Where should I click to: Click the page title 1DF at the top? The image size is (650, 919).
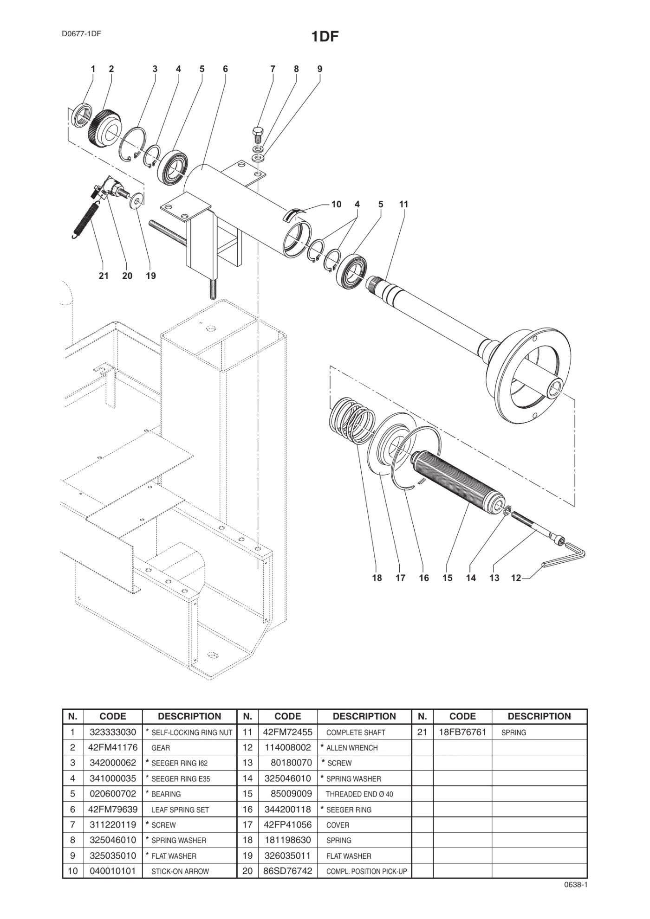(x=325, y=37)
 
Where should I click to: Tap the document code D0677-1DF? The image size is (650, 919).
(x=81, y=33)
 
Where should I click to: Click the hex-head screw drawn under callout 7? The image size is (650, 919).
(x=258, y=135)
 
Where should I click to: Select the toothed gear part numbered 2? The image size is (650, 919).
(x=104, y=128)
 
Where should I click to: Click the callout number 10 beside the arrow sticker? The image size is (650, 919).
(x=336, y=204)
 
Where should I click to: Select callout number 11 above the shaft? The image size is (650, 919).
(x=403, y=204)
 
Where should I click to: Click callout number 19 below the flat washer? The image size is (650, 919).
(x=151, y=276)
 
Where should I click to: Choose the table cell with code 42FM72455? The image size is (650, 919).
(x=288, y=732)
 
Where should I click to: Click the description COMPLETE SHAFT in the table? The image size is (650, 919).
(x=356, y=733)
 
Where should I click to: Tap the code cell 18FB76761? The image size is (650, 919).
(x=462, y=732)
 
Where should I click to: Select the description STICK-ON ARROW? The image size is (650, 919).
(x=180, y=871)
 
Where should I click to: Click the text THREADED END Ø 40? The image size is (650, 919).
(x=359, y=794)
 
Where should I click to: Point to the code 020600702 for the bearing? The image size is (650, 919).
(x=113, y=794)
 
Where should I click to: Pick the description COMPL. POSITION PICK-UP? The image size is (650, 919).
(x=366, y=871)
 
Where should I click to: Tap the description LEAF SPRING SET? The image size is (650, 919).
(x=180, y=810)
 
